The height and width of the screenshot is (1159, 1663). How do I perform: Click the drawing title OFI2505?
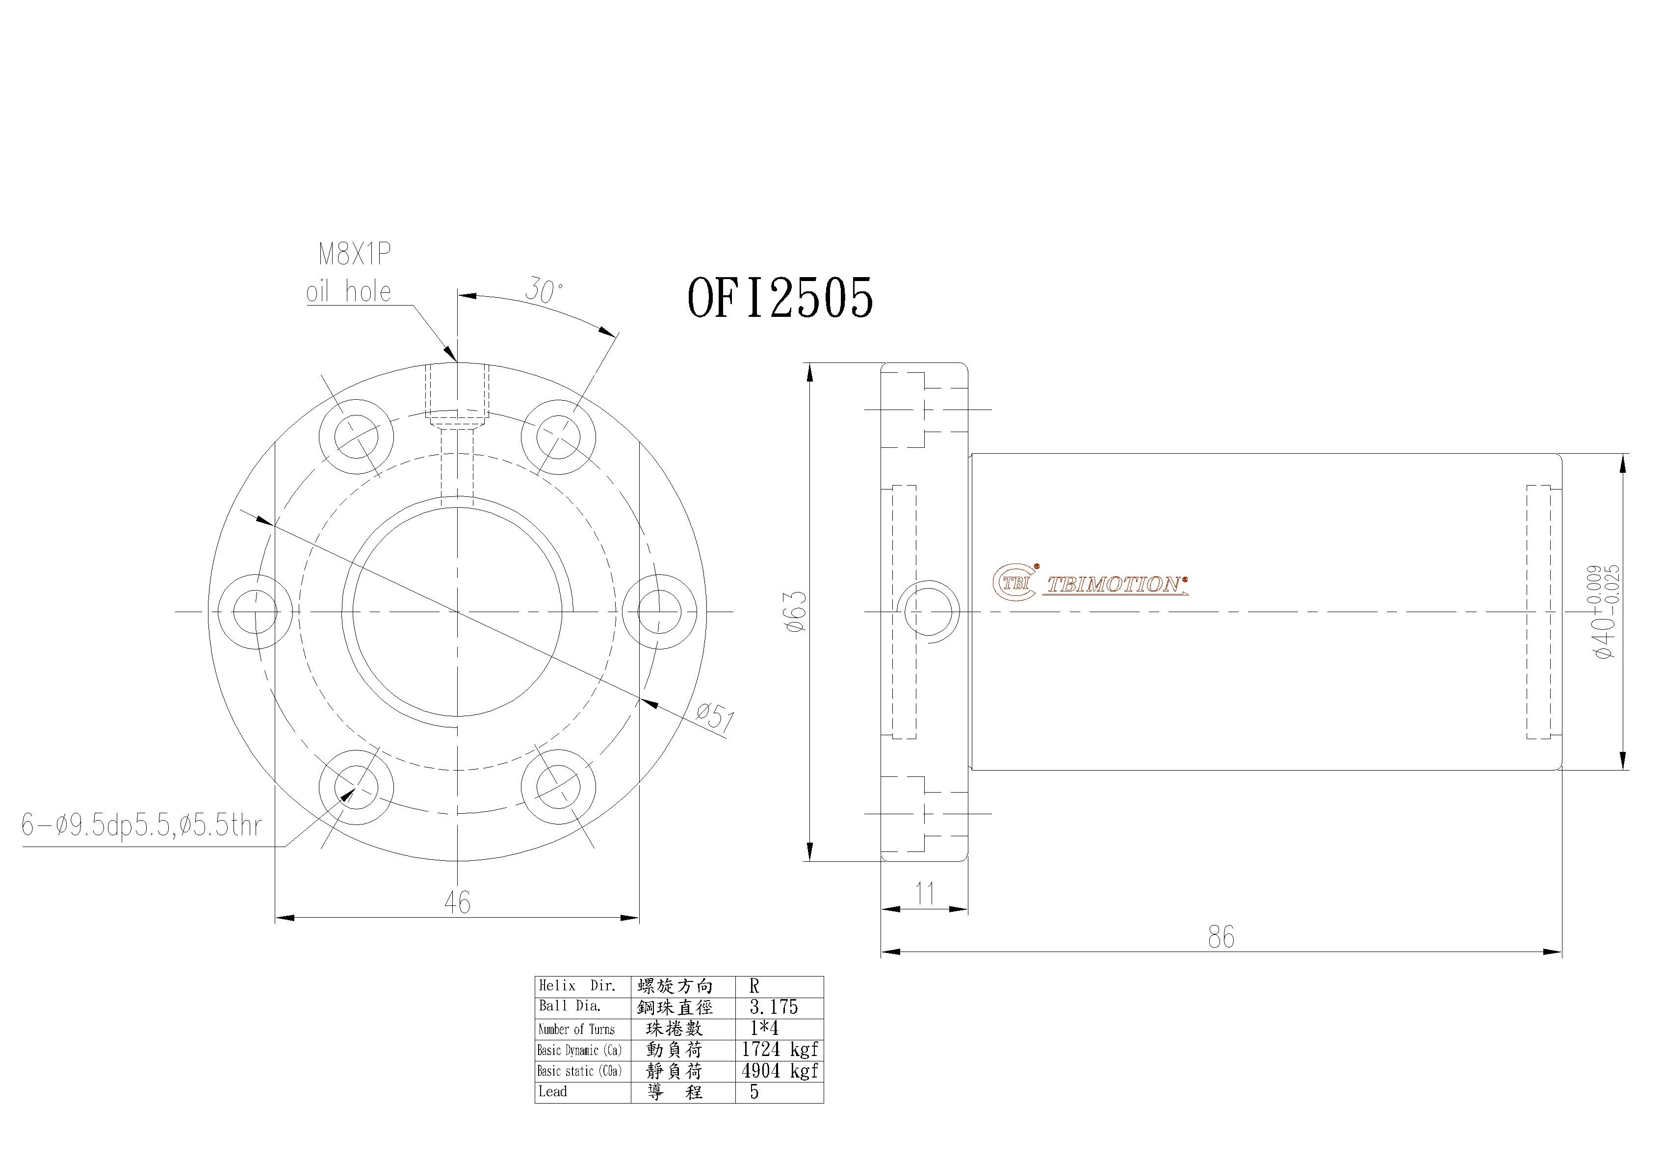780,298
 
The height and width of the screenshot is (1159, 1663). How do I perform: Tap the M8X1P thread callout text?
355,255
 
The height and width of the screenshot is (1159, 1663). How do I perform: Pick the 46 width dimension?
457,902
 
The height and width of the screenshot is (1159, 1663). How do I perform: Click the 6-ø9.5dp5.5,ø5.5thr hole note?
142,825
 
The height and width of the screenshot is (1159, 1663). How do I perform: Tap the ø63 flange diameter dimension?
795,612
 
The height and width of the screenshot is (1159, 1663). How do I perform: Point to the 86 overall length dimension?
1221,937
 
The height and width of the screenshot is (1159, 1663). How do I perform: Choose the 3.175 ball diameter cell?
774,1007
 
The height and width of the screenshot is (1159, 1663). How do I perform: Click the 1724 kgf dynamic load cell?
780,1049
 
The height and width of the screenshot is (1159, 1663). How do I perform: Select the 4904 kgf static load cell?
780,1071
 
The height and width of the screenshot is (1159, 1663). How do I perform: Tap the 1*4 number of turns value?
764,1028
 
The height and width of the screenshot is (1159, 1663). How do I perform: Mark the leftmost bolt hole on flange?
256,612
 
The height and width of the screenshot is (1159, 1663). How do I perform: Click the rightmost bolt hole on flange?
659,612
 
